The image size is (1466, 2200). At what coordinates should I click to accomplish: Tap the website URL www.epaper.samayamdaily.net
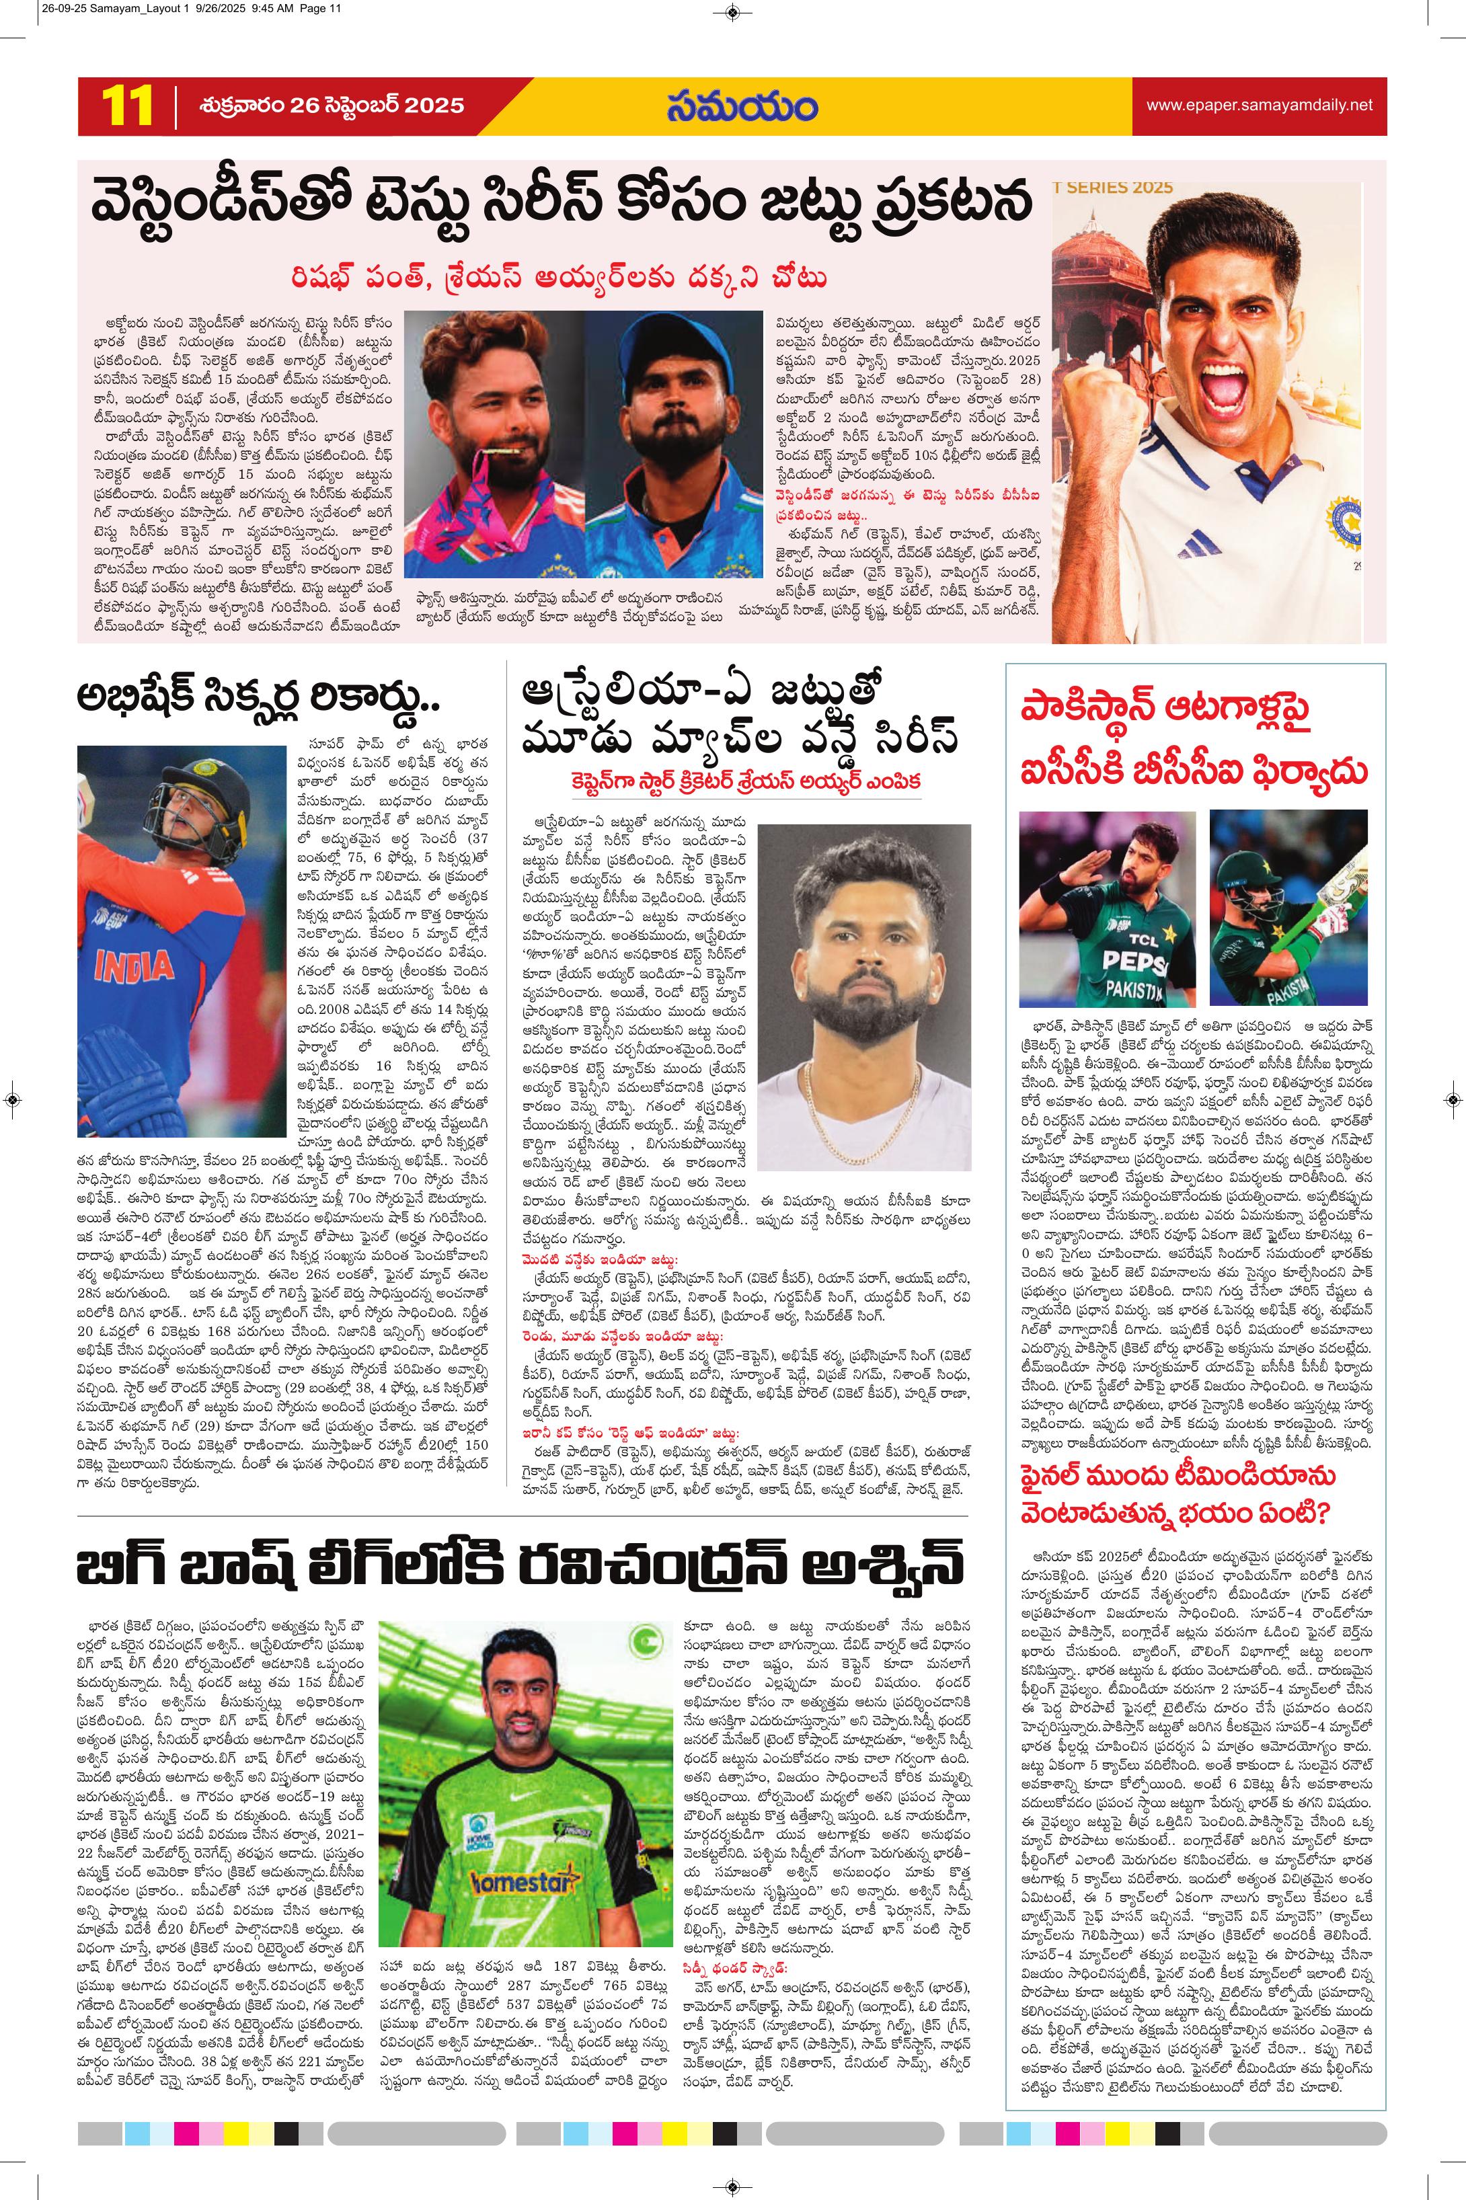(1260, 105)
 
